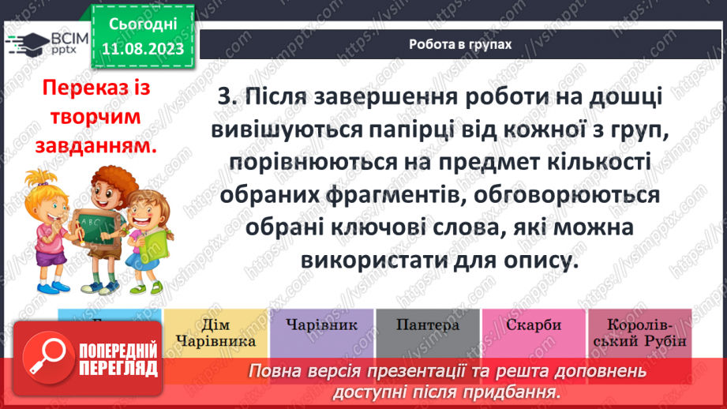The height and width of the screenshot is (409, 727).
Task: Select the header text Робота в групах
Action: (x=459, y=44)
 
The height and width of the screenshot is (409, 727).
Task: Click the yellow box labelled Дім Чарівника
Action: (x=215, y=332)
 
